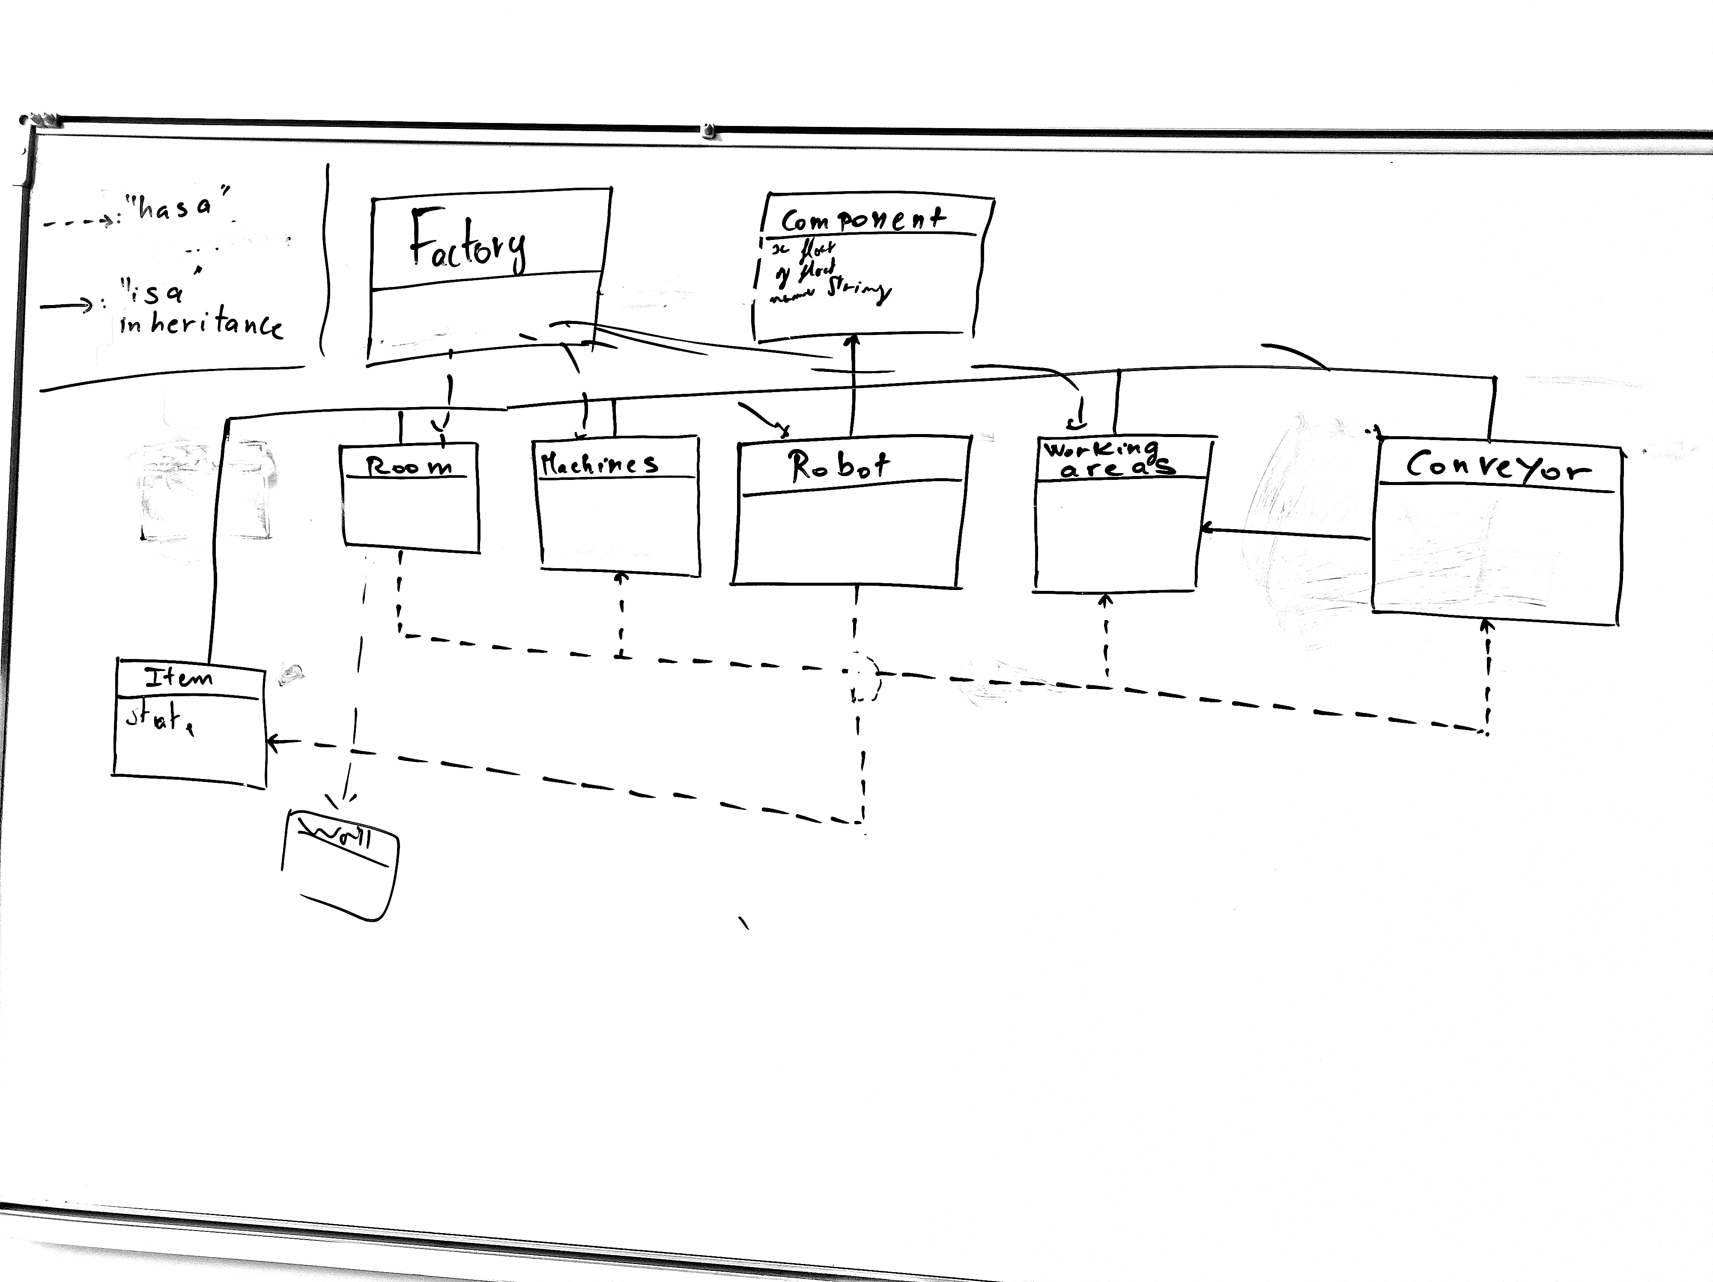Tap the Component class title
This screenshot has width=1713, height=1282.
point(862,220)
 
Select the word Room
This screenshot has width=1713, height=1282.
point(408,466)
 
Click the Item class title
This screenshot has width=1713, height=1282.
point(179,679)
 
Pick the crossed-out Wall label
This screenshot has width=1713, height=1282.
point(338,836)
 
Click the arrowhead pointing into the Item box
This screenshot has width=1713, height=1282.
point(273,742)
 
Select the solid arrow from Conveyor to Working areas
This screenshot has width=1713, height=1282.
point(1286,533)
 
